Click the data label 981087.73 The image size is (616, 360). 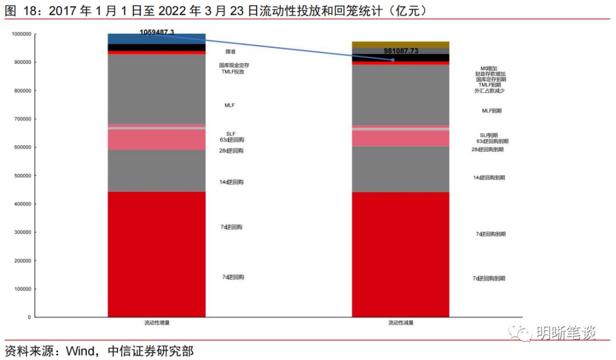click(x=401, y=51)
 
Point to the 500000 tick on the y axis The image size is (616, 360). click(x=22, y=176)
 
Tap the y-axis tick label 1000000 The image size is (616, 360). click(x=21, y=34)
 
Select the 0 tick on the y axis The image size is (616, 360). click(x=29, y=317)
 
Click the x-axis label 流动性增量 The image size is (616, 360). click(x=156, y=323)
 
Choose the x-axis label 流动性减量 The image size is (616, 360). click(x=400, y=323)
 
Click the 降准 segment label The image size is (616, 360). click(x=230, y=52)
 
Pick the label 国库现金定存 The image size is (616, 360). click(x=234, y=66)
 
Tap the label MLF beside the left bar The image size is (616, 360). click(x=230, y=106)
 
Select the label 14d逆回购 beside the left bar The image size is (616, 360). click(x=232, y=182)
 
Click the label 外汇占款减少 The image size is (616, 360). click(x=489, y=91)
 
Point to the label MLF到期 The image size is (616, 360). click(x=492, y=111)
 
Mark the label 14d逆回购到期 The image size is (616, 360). click(x=489, y=178)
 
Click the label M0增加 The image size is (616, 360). click(x=489, y=68)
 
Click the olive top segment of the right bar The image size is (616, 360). click(x=400, y=44)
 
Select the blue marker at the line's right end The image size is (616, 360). click(x=392, y=60)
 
